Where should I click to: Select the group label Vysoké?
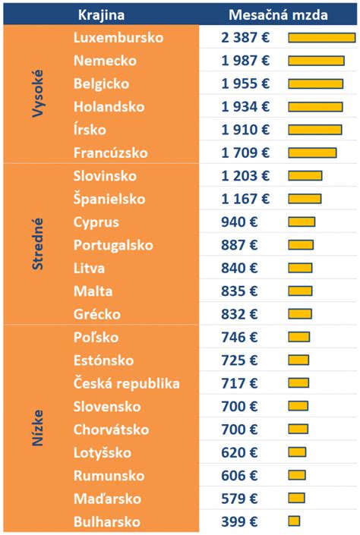click(38, 95)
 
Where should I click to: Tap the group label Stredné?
click(38, 244)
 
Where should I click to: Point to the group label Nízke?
click(38, 429)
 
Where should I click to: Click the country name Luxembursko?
click(118, 37)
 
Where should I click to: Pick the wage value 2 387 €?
click(245, 38)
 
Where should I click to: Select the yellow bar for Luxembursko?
click(321, 38)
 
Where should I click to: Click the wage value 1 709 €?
click(245, 153)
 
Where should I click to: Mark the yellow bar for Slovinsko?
click(305, 176)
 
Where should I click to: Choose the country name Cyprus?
click(96, 222)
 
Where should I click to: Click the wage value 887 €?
click(239, 245)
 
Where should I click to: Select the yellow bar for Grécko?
click(300, 314)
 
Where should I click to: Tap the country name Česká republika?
click(127, 383)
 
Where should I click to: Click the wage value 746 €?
click(239, 337)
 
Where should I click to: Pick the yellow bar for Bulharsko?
click(294, 521)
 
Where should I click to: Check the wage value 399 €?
click(239, 521)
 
